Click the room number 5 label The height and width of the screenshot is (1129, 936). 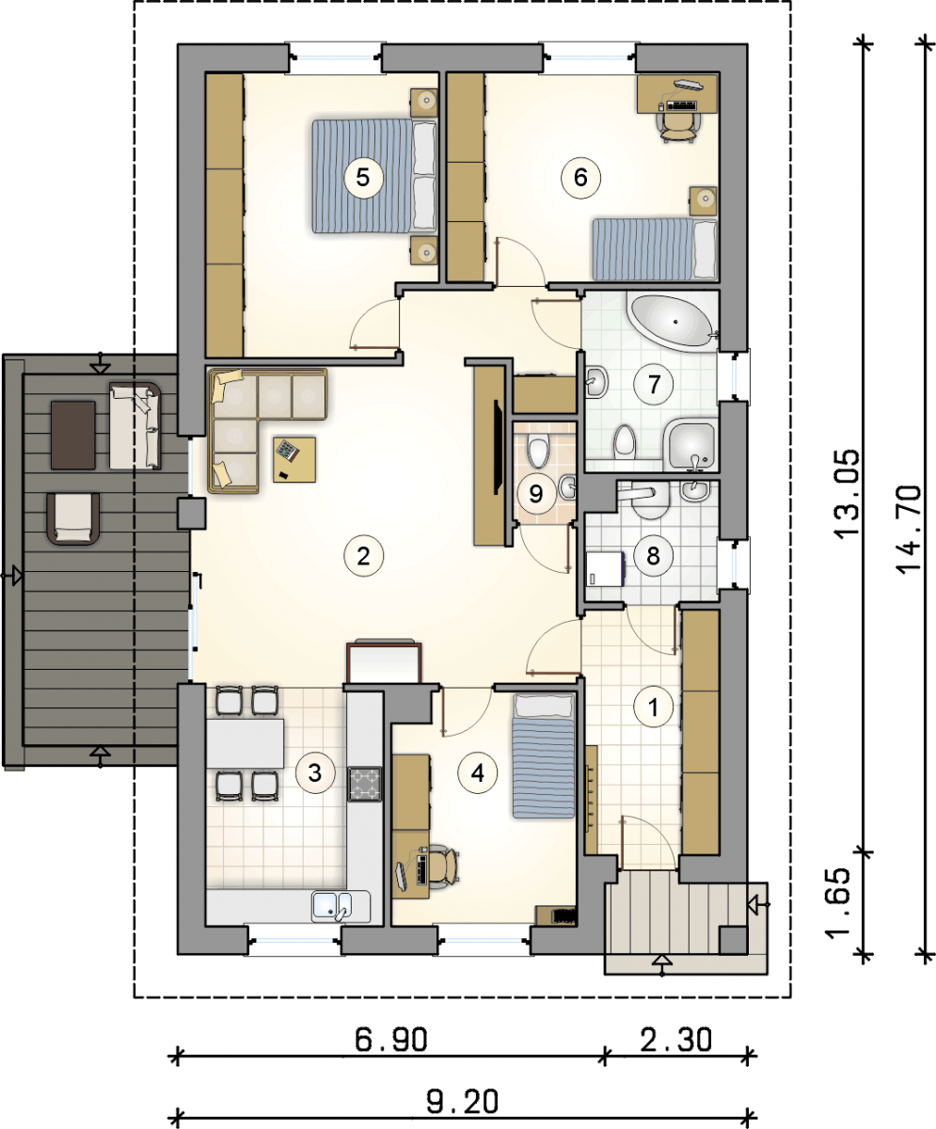point(363,177)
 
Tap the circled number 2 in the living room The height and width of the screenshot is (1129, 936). point(363,555)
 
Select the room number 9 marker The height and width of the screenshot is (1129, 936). point(536,493)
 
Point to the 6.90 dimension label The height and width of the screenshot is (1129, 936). point(391,1040)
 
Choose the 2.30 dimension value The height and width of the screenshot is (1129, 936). point(676,1040)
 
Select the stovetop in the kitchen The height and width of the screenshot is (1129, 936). point(364,784)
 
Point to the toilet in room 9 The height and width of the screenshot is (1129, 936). point(538,451)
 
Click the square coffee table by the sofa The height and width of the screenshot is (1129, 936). point(294,460)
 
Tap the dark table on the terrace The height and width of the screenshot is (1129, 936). point(73,435)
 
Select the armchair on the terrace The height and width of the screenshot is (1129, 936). point(73,518)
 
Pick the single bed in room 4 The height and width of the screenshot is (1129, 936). point(544,756)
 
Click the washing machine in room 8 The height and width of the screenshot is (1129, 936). point(607,569)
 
